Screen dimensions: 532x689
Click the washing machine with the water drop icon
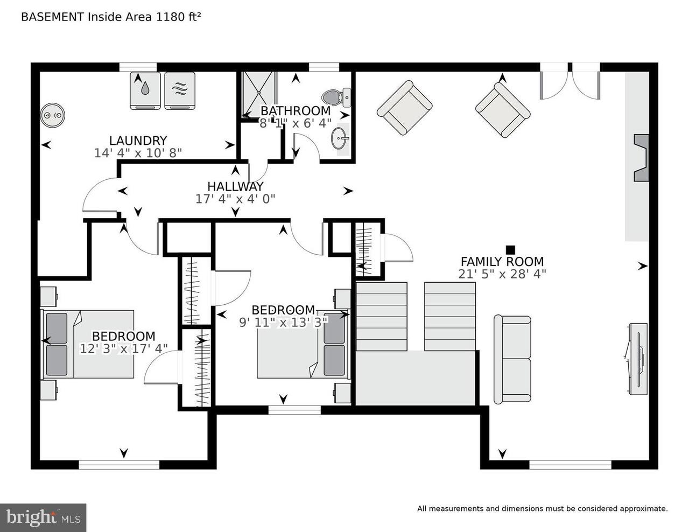(145, 90)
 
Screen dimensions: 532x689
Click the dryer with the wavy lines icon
(179, 90)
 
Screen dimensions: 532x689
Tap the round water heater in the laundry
(53, 115)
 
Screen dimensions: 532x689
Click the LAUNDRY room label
(138, 141)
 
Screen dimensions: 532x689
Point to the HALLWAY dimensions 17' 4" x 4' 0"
(235, 199)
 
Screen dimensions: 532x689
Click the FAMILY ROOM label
(502, 262)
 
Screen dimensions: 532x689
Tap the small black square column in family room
(510, 249)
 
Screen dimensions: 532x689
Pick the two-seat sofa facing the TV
(512, 359)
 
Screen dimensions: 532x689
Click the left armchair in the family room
(404, 108)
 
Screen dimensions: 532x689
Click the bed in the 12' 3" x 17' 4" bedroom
(89, 344)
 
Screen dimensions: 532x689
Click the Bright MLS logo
(43, 517)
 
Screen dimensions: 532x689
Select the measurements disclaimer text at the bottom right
(542, 508)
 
